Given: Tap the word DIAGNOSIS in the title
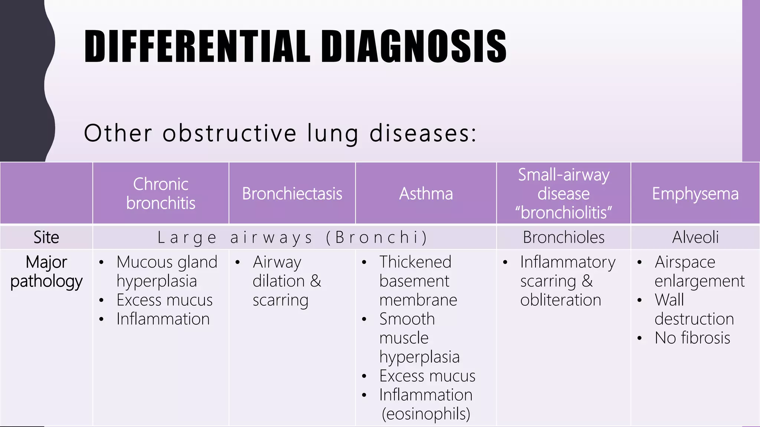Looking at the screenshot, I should tap(413, 46).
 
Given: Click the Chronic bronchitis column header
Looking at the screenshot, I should tap(161, 193).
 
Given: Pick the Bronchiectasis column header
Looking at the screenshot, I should tap(292, 193).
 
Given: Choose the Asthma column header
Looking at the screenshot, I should tap(426, 193).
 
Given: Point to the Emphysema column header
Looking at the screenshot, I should tap(695, 193).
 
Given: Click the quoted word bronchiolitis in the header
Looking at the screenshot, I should tap(563, 212).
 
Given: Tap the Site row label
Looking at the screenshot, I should tap(46, 237).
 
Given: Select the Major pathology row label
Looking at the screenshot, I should tap(46, 272).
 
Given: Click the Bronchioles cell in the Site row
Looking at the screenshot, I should tap(563, 237).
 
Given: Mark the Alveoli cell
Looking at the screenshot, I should tap(695, 237).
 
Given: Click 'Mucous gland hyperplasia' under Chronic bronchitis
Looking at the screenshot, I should tap(166, 271).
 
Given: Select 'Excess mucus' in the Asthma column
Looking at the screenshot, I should tap(427, 376).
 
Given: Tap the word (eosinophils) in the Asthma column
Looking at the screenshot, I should tap(426, 414).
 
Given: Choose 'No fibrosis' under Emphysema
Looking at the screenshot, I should tap(692, 338).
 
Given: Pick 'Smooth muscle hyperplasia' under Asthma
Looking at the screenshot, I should tap(419, 338).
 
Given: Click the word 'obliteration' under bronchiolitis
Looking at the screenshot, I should tap(560, 300).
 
